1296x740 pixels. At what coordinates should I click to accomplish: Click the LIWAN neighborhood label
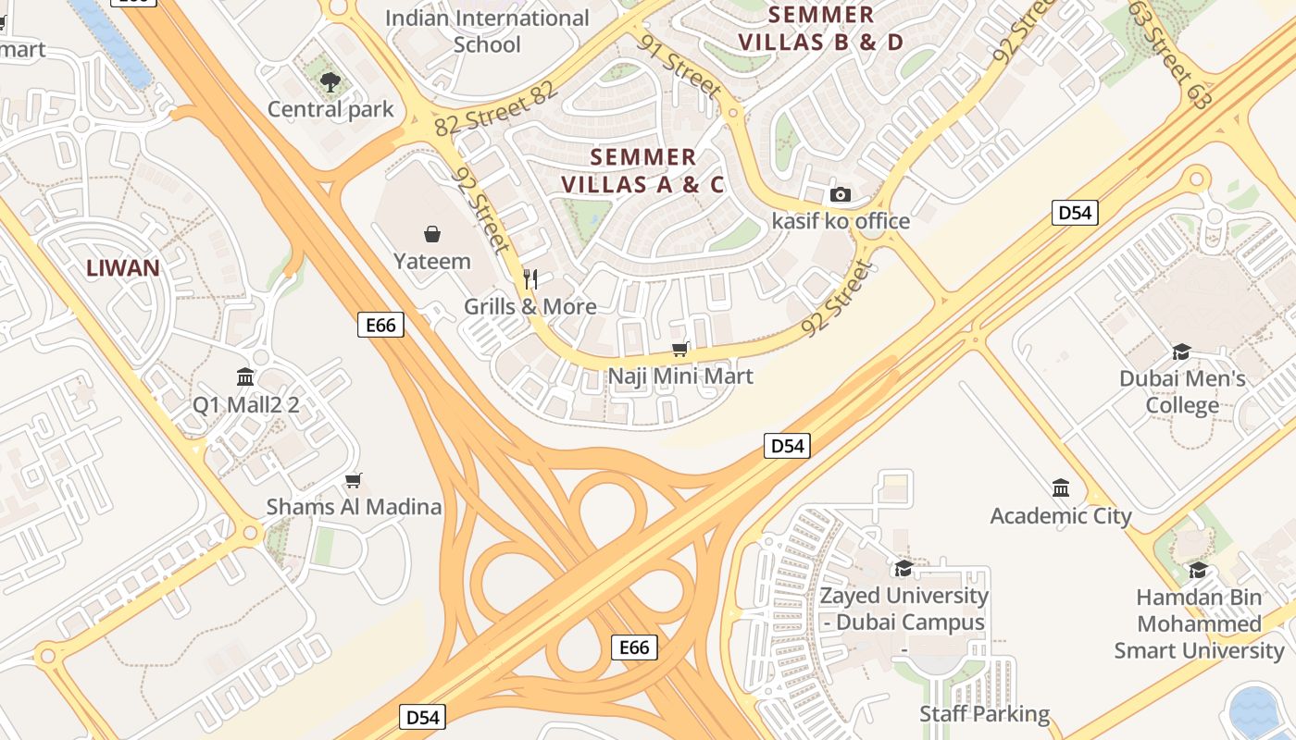123,268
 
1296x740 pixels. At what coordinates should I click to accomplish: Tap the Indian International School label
487,31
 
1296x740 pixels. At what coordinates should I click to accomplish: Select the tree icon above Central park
330,83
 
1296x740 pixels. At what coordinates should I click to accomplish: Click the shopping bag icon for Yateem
431,234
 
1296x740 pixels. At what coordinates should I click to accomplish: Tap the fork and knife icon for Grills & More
530,278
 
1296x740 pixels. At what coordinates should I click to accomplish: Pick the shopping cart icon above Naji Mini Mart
680,349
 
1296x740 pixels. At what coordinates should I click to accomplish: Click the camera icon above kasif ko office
841,194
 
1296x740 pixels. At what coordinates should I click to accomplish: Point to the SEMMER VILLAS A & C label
642,170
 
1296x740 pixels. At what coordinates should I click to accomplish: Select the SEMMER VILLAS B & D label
820,28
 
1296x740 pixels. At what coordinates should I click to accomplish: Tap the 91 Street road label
679,66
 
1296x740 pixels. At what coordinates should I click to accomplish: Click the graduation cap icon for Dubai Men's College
1181,351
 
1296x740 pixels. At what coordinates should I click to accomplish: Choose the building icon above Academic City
1061,487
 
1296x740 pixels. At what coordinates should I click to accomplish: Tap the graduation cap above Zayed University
903,568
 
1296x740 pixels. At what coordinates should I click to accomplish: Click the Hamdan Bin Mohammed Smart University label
1199,623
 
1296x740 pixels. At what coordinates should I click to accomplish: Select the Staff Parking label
984,713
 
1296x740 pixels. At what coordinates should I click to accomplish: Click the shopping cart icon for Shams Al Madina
353,480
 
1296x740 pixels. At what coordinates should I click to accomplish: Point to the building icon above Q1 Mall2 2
245,376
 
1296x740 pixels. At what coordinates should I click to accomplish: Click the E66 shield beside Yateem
380,325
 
